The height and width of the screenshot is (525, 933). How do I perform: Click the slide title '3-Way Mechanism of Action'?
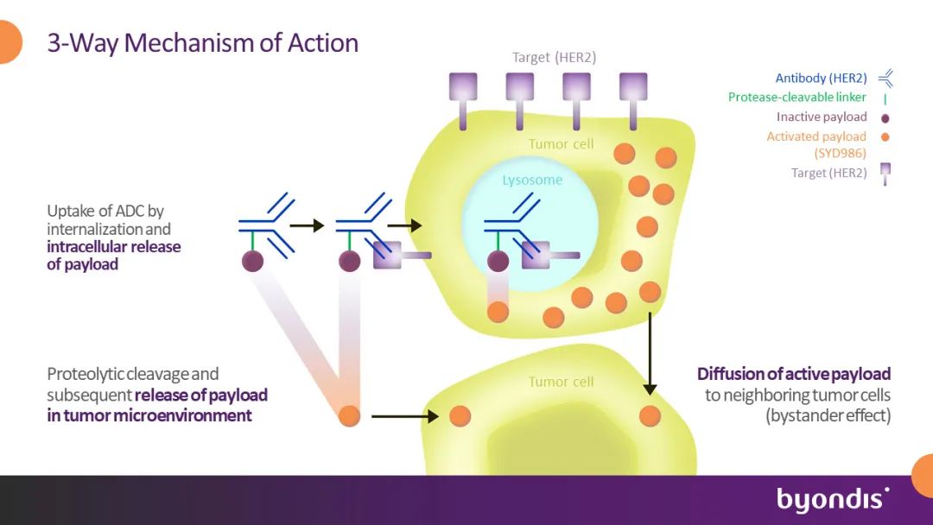point(203,43)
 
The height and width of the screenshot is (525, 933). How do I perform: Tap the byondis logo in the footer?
point(833,499)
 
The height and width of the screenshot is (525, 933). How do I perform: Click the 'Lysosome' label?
point(532,180)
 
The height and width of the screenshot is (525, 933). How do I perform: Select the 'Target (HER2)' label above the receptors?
point(554,57)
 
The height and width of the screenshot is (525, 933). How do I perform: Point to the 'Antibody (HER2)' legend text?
point(822,78)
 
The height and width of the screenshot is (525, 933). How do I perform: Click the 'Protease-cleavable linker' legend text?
point(797,97)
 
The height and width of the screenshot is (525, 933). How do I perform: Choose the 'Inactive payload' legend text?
point(822,117)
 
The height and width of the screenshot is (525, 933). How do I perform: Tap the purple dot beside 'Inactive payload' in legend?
point(885,117)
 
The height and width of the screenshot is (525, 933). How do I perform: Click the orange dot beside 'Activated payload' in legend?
point(885,136)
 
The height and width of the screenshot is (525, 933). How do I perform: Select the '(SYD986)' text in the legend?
point(841,154)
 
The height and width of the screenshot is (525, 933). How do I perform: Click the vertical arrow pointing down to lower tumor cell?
point(650,353)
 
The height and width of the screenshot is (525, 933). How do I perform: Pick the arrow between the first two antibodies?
point(307,225)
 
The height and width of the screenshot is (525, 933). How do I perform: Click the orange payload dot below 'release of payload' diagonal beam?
point(349,415)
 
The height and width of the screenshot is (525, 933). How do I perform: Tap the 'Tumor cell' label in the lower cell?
point(562,382)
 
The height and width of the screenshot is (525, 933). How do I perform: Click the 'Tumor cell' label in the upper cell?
point(562,144)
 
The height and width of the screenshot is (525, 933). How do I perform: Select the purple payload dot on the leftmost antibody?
point(252,261)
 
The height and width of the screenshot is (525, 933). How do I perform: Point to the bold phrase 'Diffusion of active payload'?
point(794,374)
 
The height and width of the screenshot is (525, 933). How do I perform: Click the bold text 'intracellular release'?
point(114,247)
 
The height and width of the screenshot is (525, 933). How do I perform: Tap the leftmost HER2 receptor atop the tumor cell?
point(463,101)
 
